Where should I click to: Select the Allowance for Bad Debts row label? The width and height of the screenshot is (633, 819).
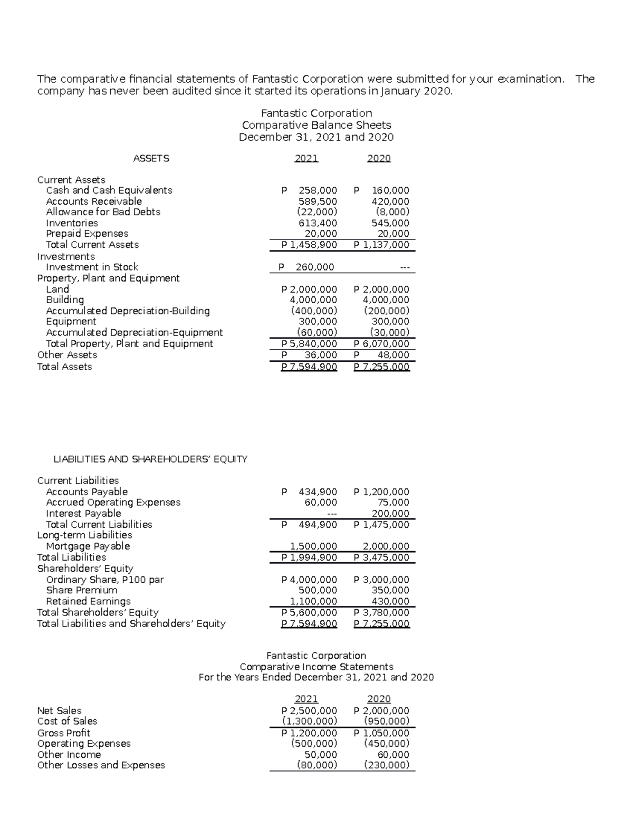[103, 212]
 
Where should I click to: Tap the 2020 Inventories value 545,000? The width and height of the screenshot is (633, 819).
[390, 223]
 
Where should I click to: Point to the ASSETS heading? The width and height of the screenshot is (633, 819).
[151, 158]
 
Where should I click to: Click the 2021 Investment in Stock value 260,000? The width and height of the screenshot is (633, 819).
[314, 267]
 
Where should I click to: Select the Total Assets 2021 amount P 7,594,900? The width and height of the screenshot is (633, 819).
[309, 367]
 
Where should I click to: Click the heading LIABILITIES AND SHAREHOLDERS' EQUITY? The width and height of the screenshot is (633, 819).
[150, 459]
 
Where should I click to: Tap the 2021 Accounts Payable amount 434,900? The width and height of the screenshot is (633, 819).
[317, 492]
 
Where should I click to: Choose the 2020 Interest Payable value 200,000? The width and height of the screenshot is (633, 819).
[390, 514]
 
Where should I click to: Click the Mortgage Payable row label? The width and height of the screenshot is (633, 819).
[88, 546]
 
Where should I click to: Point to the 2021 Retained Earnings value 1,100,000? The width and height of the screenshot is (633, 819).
[314, 601]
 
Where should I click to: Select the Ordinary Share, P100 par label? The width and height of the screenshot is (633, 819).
[104, 580]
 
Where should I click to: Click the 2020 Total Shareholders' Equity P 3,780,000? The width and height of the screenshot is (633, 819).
[381, 613]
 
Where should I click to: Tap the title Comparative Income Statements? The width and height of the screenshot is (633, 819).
[316, 667]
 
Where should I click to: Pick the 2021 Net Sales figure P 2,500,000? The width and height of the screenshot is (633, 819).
[309, 711]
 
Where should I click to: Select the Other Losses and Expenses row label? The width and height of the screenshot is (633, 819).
[101, 765]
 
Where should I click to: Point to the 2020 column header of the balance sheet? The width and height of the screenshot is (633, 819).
[379, 158]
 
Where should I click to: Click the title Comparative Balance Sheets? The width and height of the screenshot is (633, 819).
[316, 126]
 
